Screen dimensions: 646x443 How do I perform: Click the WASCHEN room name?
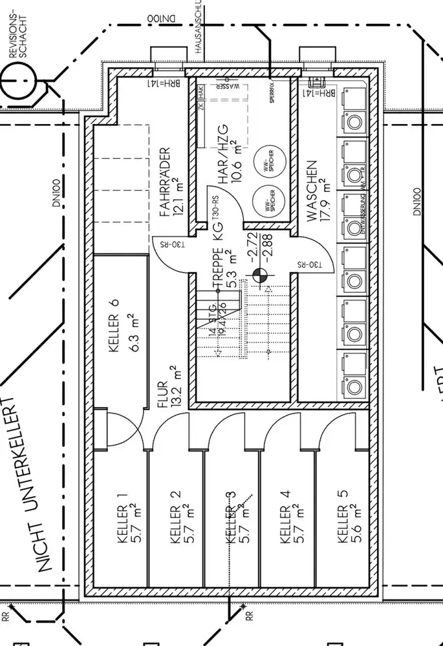[312, 192]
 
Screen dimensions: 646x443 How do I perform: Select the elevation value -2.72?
[254, 243]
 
